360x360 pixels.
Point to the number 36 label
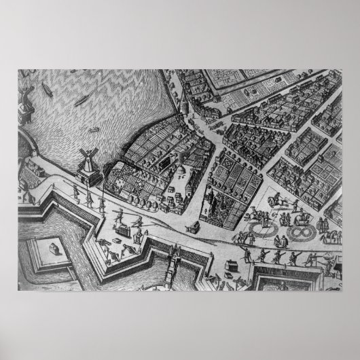(x=181, y=175)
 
